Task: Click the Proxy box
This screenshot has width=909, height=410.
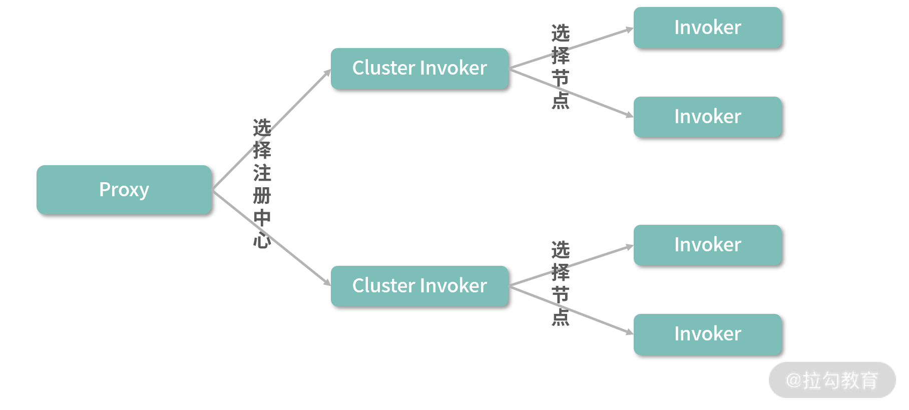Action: click(124, 190)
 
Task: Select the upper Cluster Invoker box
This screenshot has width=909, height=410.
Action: click(419, 69)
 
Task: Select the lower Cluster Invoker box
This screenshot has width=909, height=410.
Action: click(419, 286)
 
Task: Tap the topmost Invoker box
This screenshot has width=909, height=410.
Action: click(707, 28)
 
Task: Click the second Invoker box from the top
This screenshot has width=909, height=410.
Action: click(707, 117)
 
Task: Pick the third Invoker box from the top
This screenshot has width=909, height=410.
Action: click(707, 245)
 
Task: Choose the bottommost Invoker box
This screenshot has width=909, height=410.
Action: click(707, 334)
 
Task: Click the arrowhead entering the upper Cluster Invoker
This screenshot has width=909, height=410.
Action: click(327, 73)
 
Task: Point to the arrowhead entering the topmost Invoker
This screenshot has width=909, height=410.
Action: click(630, 30)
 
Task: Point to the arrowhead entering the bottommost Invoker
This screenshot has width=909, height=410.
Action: click(630, 332)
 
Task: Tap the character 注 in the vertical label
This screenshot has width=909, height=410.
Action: click(262, 173)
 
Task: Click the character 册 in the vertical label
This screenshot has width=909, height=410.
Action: click(262, 196)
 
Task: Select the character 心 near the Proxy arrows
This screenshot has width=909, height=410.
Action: click(262, 240)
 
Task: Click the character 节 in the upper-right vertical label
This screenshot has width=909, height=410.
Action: click(560, 78)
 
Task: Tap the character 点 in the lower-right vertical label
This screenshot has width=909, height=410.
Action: click(560, 317)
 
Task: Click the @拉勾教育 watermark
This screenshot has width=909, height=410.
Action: click(832, 380)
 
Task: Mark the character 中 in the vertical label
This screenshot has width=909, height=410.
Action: click(262, 218)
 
